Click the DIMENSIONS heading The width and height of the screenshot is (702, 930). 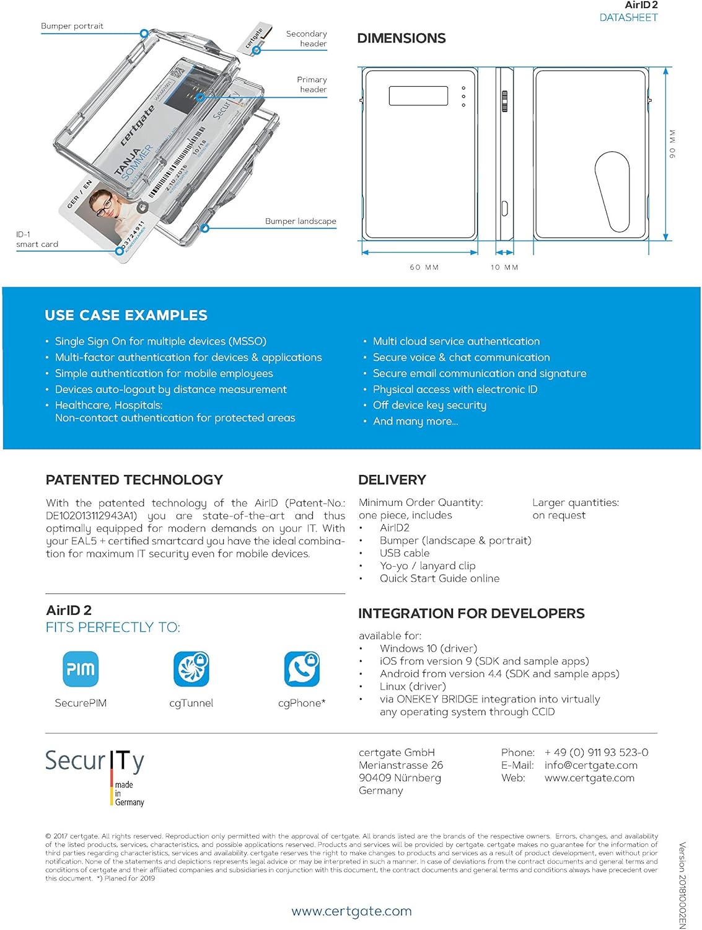pyautogui.click(x=401, y=38)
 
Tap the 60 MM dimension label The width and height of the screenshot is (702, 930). pyautogui.click(x=424, y=267)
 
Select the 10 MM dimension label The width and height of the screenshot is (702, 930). pyautogui.click(x=504, y=267)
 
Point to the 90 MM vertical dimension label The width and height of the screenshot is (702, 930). pyautogui.click(x=672, y=144)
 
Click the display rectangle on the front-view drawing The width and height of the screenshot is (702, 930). pyautogui.click(x=418, y=95)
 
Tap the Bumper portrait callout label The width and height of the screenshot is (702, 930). pyautogui.click(x=72, y=26)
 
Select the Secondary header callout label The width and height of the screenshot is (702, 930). pyautogui.click(x=307, y=38)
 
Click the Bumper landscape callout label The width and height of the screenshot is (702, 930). pyautogui.click(x=301, y=221)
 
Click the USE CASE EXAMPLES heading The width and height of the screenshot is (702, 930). pyautogui.click(x=126, y=315)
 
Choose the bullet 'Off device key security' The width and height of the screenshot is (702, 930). pyautogui.click(x=429, y=405)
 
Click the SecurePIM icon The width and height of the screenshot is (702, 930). pyautogui.click(x=81, y=669)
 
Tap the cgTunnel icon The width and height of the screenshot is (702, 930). pyautogui.click(x=191, y=669)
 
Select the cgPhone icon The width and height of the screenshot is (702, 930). pyautogui.click(x=302, y=669)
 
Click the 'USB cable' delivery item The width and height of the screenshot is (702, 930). pyautogui.click(x=405, y=553)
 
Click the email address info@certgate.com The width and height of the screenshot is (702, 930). pyautogui.click(x=590, y=765)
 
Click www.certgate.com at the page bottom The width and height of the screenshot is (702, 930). pyautogui.click(x=351, y=911)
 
